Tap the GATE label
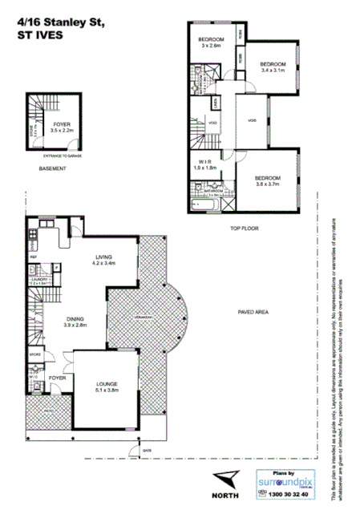pos(147,451)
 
